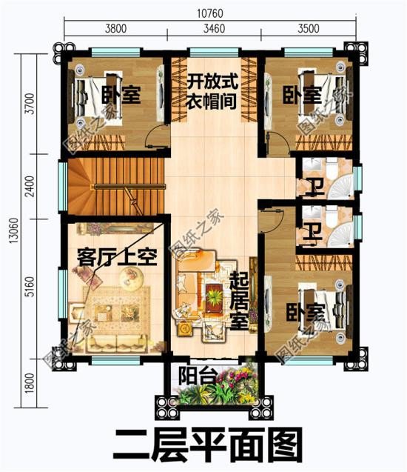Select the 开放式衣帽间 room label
(211, 91)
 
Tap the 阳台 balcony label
(198, 376)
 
